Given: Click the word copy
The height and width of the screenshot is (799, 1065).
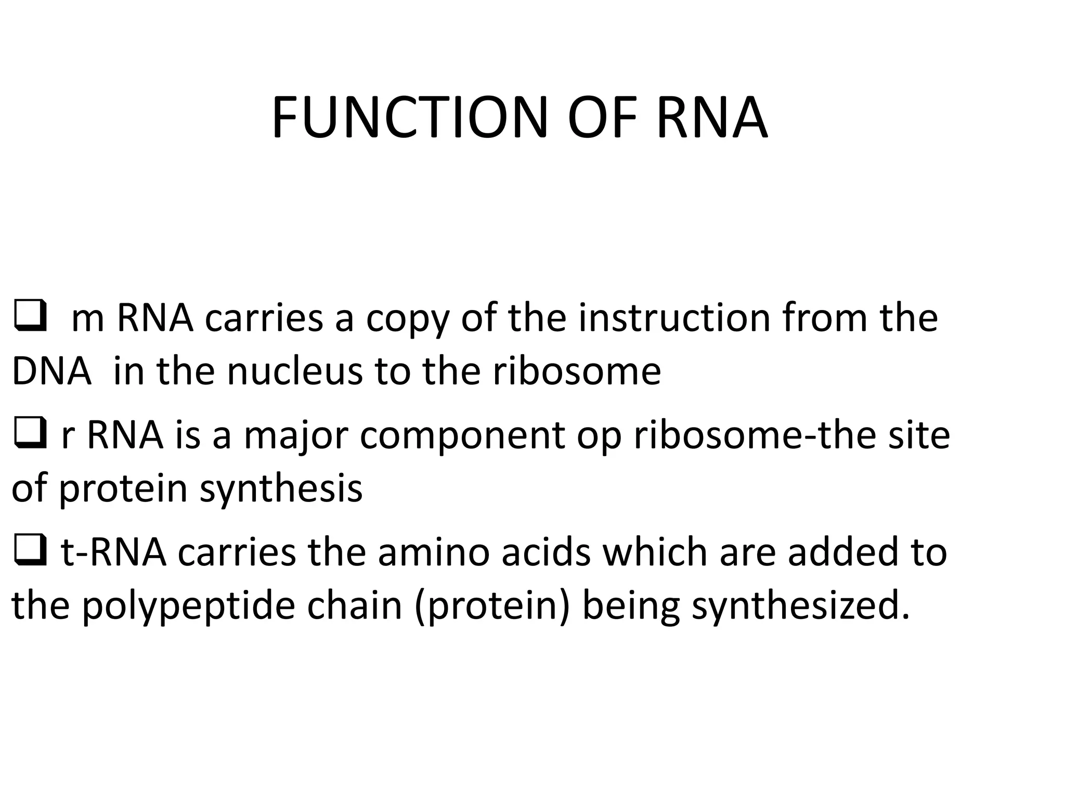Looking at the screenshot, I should [x=408, y=319].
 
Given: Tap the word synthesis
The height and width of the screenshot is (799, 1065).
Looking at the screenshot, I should [x=281, y=490].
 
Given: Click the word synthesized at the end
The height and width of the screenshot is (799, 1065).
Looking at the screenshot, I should [x=801, y=608].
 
